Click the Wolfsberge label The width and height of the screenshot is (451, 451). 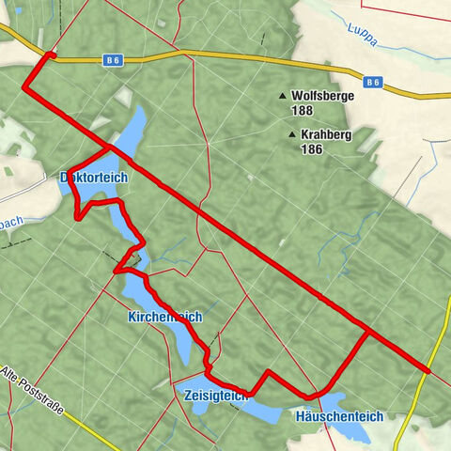(322, 96)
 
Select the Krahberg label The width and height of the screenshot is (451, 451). (326, 135)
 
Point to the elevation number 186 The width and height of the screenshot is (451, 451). (312, 148)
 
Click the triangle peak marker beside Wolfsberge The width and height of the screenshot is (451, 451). (282, 96)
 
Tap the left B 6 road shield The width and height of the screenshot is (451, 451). (113, 60)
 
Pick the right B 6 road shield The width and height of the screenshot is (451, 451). (374, 83)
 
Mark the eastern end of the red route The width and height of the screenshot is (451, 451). (428, 371)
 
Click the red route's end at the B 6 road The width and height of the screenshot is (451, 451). (50, 55)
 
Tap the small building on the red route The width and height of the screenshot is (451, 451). (135, 260)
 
